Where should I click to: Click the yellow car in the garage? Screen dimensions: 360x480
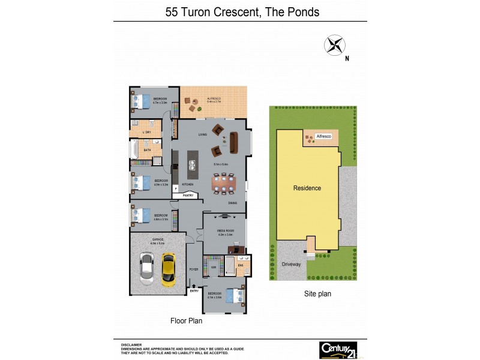pos(169,269)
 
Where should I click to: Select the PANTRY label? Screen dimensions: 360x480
pos(187,195)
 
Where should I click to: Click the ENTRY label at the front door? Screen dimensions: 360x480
pos(194,291)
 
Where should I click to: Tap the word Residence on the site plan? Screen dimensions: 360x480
pos(307,188)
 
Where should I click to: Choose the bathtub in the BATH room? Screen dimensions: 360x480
pos(134,150)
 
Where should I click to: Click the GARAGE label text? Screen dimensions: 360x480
pos(158,239)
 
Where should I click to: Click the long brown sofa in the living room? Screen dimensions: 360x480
pos(234,142)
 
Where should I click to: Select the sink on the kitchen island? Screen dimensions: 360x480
pos(193,161)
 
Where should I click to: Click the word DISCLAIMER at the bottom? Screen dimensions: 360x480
pos(131,344)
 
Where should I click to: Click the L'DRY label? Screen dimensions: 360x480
pos(146,132)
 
